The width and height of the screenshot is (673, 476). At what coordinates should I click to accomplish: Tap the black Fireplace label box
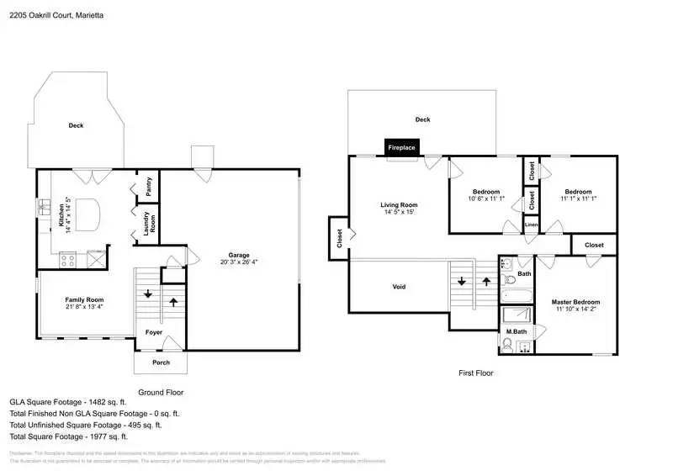click(401, 147)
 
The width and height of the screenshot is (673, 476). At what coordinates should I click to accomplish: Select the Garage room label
click(239, 254)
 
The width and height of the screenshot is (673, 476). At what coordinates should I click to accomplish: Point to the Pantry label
click(149, 188)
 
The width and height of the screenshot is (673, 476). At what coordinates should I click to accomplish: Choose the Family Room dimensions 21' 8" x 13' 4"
click(84, 307)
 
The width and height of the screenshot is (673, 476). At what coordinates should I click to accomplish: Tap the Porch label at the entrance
click(160, 362)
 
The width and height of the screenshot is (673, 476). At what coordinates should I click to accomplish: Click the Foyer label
click(154, 332)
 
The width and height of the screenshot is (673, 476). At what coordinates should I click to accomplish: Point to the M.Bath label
click(516, 332)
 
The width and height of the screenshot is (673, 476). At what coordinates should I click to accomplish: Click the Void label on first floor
click(400, 287)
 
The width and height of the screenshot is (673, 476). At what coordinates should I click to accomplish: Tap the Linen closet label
click(531, 225)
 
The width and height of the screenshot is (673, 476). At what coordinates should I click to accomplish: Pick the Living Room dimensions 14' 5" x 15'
click(399, 212)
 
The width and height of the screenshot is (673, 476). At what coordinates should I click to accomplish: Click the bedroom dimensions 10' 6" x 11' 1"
click(485, 199)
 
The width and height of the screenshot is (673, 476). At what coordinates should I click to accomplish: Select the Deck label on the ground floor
click(76, 125)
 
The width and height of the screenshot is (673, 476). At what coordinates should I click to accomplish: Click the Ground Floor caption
click(160, 392)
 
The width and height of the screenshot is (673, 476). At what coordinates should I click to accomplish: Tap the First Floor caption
click(476, 373)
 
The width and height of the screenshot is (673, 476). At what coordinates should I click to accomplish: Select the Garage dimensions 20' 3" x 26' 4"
click(239, 262)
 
